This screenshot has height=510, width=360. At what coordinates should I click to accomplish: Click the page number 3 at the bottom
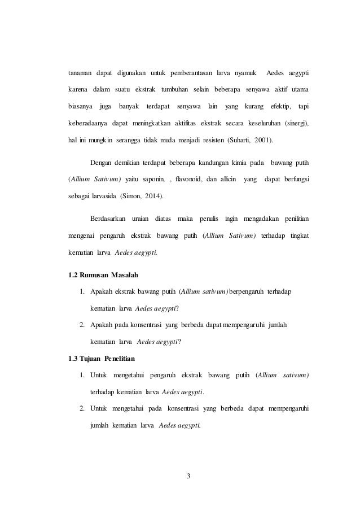189,474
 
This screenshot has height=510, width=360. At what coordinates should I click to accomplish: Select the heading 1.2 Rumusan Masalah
103,275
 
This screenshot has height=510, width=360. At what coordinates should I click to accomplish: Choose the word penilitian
298,219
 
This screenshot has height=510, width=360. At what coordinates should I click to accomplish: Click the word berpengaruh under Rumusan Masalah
247,291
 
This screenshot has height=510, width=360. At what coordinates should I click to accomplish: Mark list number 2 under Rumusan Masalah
82,325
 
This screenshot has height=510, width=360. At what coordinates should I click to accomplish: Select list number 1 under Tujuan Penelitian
82,374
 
